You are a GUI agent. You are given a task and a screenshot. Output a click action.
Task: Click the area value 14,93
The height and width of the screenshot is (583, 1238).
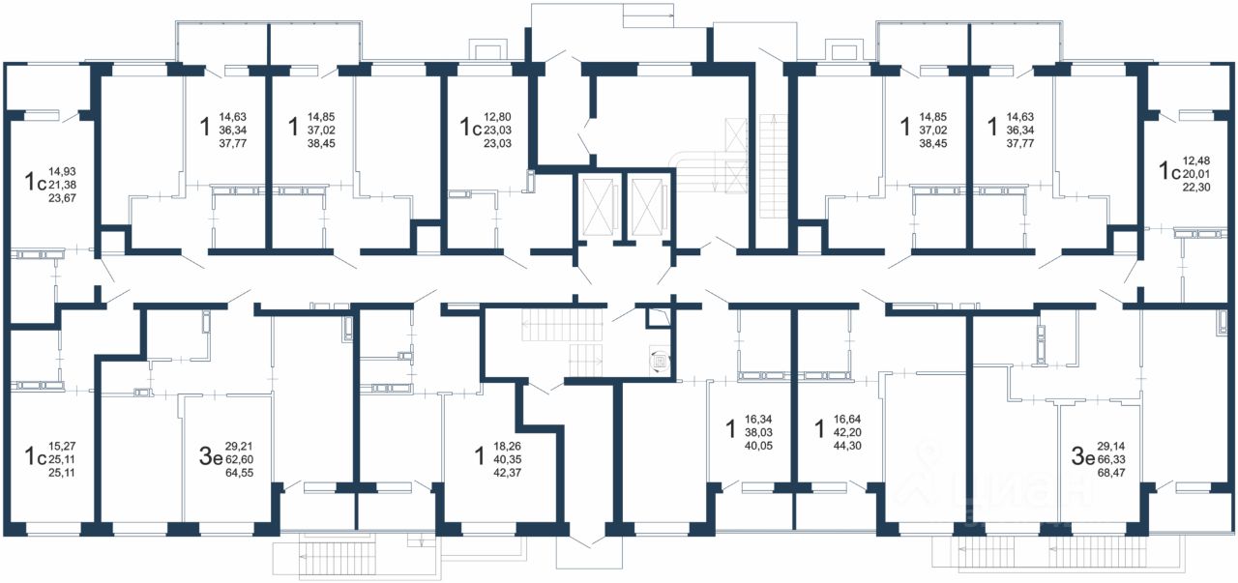(x=63, y=171)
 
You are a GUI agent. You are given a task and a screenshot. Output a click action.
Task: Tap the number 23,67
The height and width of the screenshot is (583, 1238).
(x=63, y=198)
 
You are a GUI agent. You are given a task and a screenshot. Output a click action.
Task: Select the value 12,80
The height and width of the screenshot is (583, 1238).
(x=497, y=117)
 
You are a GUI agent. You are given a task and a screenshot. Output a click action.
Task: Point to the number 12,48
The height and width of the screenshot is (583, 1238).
(x=1196, y=160)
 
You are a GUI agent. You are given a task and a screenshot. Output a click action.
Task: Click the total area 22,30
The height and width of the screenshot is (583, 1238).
(x=1196, y=188)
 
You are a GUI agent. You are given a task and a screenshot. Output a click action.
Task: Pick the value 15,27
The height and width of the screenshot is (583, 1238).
(x=62, y=446)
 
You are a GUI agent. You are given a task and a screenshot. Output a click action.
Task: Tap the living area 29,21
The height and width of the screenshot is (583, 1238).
(x=239, y=446)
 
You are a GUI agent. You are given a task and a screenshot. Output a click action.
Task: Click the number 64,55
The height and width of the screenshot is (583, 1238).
(x=239, y=473)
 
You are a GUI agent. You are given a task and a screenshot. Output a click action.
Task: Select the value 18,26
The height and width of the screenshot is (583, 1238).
(x=507, y=446)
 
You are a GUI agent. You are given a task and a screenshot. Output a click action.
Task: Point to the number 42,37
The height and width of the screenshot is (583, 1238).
(x=507, y=473)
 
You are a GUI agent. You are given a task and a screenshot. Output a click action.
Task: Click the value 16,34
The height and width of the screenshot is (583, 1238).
(x=758, y=420)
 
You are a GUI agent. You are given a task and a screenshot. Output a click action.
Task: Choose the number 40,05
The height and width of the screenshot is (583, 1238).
(x=758, y=446)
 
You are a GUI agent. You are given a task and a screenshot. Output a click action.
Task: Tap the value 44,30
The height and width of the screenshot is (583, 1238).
(x=846, y=446)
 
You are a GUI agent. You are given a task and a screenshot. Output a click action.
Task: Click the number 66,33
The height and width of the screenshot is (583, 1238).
(x=1111, y=459)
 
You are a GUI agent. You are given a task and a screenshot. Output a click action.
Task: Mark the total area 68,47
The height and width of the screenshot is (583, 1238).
(x=1111, y=473)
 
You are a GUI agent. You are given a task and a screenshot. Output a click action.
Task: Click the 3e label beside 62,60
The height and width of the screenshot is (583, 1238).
(x=210, y=457)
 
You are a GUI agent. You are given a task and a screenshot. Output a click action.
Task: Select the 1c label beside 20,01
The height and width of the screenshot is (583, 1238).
(x=1170, y=171)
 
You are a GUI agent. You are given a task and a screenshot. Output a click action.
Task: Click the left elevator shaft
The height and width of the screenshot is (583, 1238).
(x=598, y=207)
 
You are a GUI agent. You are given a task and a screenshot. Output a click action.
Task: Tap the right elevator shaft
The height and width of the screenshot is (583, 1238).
(x=646, y=207)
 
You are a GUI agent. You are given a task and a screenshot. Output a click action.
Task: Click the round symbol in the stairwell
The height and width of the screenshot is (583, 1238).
(x=660, y=363)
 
